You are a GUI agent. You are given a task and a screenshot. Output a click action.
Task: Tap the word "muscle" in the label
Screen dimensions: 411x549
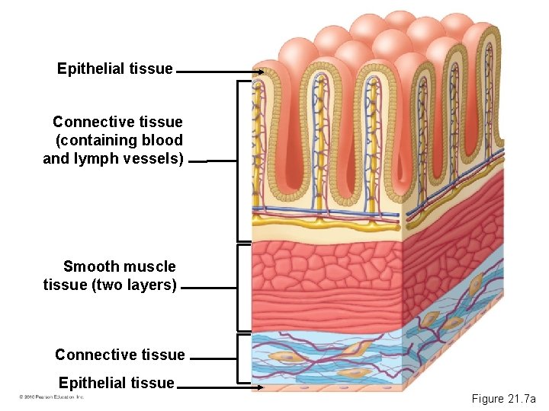pyautogui.click(x=149, y=266)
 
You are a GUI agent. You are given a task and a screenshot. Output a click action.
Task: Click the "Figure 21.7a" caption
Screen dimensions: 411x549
pyautogui.click(x=504, y=399)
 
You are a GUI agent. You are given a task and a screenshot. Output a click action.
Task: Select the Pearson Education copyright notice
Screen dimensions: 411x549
pyautogui.click(x=51, y=397)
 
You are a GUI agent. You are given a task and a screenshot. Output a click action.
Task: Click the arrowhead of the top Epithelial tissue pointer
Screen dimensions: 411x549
pyautogui.click(x=261, y=73)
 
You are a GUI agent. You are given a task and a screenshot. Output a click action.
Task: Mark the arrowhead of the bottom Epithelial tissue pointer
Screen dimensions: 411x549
pyautogui.click(x=261, y=387)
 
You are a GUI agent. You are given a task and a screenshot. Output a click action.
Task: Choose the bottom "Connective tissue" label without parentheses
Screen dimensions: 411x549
pyautogui.click(x=120, y=355)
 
